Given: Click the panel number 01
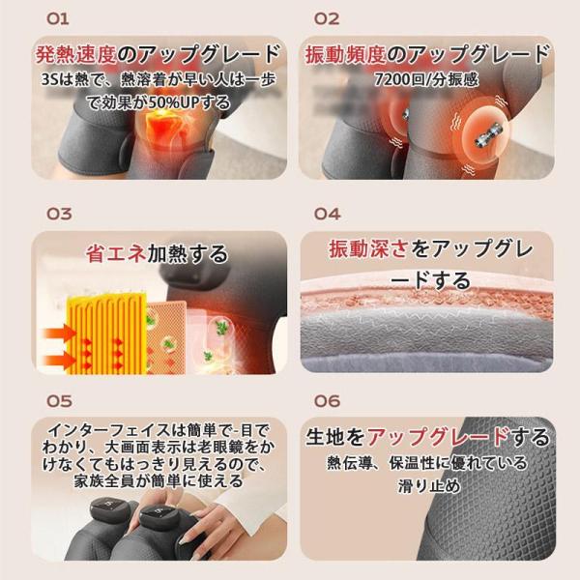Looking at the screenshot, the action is click(x=58, y=19).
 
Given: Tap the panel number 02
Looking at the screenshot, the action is click(x=327, y=19).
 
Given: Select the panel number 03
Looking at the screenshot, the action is click(x=59, y=214).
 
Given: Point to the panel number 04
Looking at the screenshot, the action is click(x=327, y=214).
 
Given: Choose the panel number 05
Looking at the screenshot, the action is click(x=59, y=401).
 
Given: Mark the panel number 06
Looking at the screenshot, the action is click(x=327, y=401).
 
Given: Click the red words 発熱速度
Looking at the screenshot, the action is click(x=76, y=55).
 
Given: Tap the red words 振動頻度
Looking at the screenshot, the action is click(x=345, y=55).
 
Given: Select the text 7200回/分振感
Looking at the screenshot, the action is click(x=426, y=79).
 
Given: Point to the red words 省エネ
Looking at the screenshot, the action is click(x=116, y=253).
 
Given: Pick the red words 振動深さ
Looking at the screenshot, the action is click(x=369, y=248).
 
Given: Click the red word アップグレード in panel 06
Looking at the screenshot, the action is click(x=438, y=437).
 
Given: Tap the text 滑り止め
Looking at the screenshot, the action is click(x=429, y=485).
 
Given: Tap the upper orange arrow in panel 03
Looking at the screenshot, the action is click(x=60, y=333).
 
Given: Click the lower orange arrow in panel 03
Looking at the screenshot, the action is click(x=60, y=360).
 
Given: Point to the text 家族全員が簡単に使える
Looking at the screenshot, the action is click(x=159, y=480).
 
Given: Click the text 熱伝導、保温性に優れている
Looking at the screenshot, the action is click(x=426, y=463).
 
